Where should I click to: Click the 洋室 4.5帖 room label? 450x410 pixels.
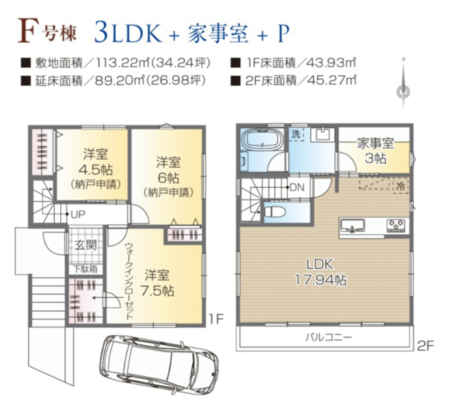coord(95,168)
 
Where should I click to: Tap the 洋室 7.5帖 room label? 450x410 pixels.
coord(158,281)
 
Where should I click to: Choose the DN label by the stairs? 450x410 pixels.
coord(297,187)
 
